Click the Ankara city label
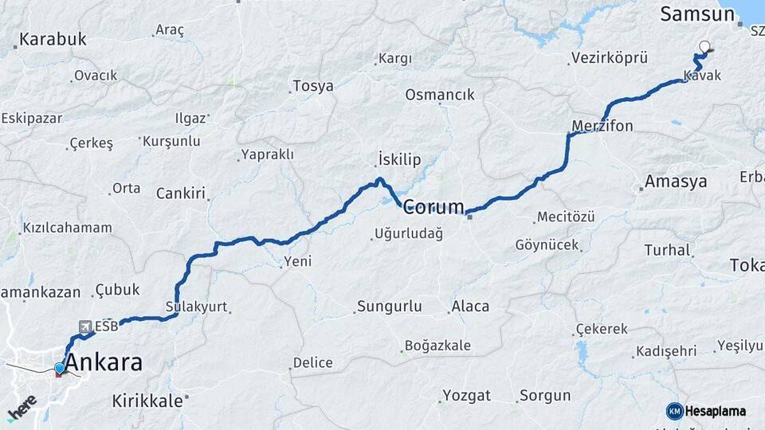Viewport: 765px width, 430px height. pos(104,363)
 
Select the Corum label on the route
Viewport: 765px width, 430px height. pos(433,208)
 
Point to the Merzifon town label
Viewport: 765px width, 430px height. pos(602,126)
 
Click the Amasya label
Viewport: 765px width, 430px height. pos(676,182)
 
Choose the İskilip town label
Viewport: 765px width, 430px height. pos(398,160)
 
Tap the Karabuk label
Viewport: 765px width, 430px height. pos(53,39)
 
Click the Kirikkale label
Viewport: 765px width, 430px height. pos(147,401)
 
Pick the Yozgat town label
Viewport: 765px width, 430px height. pos(468,395)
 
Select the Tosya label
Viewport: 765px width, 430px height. pos(313,86)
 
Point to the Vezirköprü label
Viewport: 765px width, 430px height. pos(609,58)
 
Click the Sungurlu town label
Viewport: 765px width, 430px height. pos(389,306)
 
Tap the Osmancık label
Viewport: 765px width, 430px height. pos(439,94)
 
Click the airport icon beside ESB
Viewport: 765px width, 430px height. pos(85,326)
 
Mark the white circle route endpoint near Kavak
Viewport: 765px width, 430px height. pos(704,46)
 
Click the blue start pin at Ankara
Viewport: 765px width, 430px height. pos(59,368)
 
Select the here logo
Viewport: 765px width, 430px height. pos(22,407)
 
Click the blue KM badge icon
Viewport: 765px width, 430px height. pos(675,411)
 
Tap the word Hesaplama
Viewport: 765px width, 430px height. pos(716,411)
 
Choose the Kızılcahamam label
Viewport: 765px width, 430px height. pos(67,228)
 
